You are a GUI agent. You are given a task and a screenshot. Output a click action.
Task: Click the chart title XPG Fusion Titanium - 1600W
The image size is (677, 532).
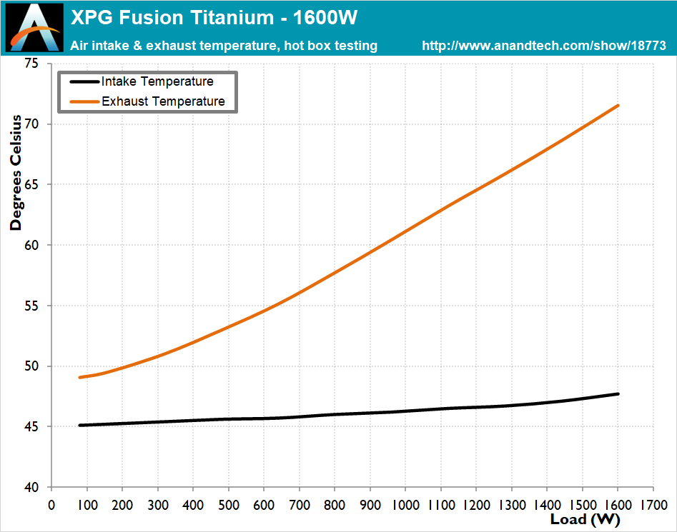(214, 17)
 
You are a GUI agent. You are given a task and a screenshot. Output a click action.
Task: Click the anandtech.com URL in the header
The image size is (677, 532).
(544, 46)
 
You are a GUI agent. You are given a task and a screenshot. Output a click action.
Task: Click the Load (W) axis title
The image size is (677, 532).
(585, 520)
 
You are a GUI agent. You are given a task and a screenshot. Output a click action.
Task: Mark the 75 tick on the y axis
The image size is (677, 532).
(31, 64)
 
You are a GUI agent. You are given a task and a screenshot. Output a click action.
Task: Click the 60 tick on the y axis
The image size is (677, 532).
(31, 246)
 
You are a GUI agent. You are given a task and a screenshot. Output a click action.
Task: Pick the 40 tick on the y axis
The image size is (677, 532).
(31, 488)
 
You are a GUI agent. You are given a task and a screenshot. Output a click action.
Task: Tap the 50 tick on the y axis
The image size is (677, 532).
(31, 366)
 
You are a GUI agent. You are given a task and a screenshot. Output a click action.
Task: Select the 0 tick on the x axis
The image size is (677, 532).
(51, 505)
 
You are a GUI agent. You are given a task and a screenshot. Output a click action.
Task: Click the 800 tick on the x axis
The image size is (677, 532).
(335, 505)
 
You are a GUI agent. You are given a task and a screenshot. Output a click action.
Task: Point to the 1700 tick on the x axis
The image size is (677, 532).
(653, 505)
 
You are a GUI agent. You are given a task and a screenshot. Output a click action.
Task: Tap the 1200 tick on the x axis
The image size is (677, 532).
(476, 505)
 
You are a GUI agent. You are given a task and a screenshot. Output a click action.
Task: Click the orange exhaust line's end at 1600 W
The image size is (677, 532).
(618, 106)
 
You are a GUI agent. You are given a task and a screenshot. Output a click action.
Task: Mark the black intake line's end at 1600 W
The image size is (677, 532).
(618, 394)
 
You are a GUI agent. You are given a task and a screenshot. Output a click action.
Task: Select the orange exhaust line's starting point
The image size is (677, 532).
(79, 377)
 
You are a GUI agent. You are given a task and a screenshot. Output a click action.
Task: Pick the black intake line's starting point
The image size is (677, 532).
(79, 426)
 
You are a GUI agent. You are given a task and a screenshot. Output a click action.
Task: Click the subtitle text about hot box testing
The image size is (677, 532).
(224, 46)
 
